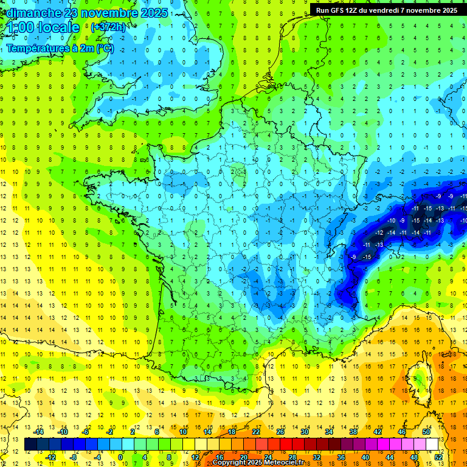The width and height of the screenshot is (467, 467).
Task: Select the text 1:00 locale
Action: point(44,27)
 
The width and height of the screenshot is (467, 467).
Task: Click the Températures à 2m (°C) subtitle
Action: point(60,49)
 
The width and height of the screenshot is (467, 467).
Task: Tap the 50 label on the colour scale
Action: point(426,432)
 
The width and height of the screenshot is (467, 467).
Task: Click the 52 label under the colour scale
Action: point(438,457)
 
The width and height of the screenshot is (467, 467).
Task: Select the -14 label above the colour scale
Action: point(39,432)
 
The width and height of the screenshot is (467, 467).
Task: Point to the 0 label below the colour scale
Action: point(120,457)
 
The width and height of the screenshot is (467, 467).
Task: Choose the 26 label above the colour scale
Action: point(280,432)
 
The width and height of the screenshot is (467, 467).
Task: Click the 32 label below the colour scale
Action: point(317,457)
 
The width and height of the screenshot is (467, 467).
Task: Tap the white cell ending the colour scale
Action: point(432,445)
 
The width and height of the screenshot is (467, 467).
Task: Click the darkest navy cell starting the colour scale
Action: point(30,445)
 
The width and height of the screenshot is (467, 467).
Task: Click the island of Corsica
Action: point(419,380)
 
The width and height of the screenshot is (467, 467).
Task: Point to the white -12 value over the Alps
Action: point(379,233)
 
